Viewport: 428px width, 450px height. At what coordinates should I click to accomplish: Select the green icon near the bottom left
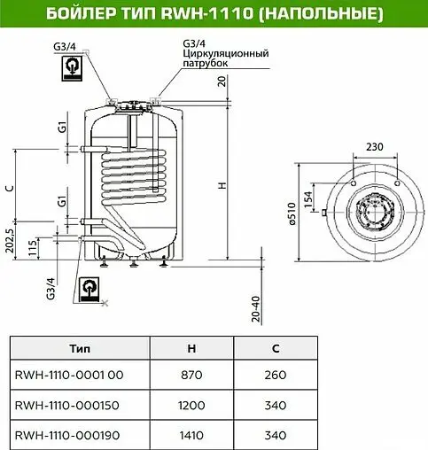pyautogui.click(x=90, y=289)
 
